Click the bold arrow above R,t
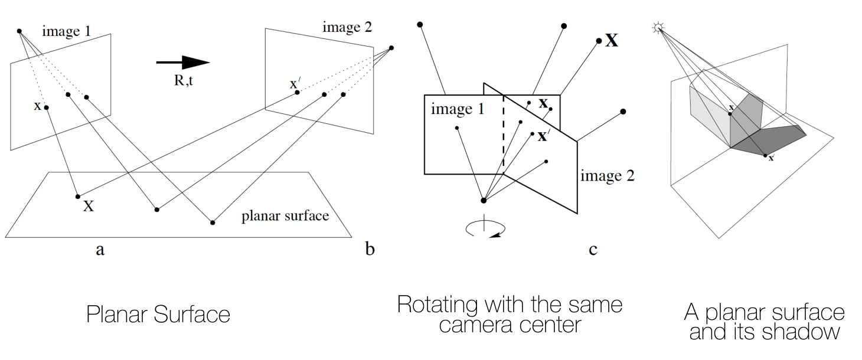(183, 63)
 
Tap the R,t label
(183, 80)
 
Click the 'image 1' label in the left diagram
(66, 31)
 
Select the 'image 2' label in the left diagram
(347, 27)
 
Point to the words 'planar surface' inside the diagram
(285, 216)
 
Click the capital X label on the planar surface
(89, 207)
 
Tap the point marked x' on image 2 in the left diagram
(297, 92)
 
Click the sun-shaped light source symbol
(658, 28)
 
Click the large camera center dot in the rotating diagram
(484, 201)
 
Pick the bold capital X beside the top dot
(612, 40)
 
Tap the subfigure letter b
(370, 248)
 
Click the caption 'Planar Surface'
(158, 314)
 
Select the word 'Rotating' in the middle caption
(437, 305)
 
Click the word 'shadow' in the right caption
(802, 332)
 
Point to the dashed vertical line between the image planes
(503, 135)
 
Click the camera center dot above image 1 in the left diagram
(19, 31)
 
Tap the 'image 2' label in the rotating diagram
(608, 176)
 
